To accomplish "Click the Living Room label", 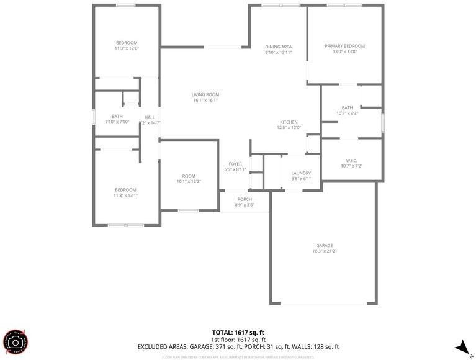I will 205,94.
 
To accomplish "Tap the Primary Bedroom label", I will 344,46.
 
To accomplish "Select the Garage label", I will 324,245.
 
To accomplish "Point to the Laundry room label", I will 301,173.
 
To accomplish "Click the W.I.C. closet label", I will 351,160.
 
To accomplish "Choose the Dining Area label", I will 278,47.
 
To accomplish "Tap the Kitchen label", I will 289,122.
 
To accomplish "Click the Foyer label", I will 235,164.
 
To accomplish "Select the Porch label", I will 245,199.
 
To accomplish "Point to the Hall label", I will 150,117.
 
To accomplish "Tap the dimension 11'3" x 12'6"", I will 126,48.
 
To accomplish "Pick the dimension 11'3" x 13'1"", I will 125,196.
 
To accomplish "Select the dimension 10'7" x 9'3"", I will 347,113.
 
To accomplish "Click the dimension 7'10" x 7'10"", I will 117,122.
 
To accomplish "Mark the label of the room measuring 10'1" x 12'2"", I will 189,176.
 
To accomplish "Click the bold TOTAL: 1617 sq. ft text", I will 238,332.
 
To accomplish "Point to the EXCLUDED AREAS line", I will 238,347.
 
